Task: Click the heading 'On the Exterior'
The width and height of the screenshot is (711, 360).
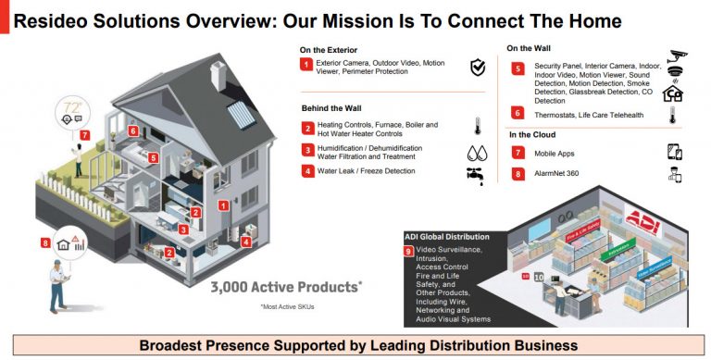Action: pos(330,50)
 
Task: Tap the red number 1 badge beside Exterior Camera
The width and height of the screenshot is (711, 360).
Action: pos(306,64)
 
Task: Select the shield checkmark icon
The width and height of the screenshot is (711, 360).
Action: pos(478,67)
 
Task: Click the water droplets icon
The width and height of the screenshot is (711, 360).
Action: pos(476,152)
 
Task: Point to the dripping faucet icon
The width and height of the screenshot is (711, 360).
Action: pos(476,175)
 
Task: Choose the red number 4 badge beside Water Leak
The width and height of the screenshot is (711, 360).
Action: pos(306,170)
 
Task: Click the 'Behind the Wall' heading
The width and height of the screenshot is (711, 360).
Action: pos(331,107)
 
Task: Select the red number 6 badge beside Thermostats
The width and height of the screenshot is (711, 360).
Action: pos(518,113)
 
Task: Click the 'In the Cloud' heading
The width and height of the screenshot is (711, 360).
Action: pos(531,135)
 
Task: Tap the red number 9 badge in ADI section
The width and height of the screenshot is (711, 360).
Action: pos(409,251)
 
